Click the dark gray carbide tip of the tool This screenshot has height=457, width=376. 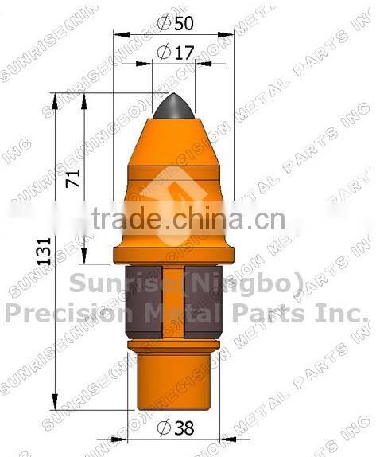point(174,107)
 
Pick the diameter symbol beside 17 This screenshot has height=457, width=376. point(165,53)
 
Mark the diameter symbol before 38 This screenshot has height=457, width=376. point(164,428)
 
